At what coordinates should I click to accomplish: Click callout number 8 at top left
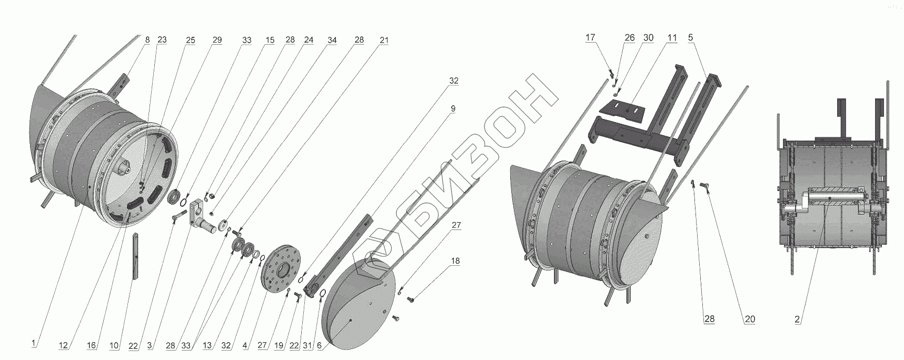tap(147, 40)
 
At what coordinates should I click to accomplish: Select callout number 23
tap(162, 40)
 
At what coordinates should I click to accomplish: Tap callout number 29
tap(217, 40)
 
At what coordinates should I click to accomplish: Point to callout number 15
tap(270, 40)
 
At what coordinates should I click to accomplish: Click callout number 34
tap(332, 40)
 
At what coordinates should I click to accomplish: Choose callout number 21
tap(384, 40)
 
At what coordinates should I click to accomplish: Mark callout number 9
tap(453, 108)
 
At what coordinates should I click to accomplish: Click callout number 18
tap(455, 261)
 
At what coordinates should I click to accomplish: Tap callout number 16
tap(92, 345)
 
